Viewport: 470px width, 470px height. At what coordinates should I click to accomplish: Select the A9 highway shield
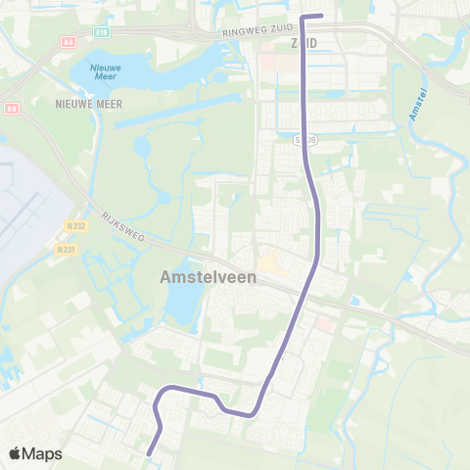(x=13, y=108)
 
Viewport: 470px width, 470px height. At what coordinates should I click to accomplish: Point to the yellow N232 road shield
(x=64, y=224)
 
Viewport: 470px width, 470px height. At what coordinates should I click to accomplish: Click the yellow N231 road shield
(x=66, y=249)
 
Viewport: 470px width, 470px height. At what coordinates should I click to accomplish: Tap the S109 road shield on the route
(x=307, y=140)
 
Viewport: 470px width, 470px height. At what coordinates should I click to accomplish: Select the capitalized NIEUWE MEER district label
(x=88, y=102)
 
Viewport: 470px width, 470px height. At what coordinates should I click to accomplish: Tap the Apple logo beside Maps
(x=16, y=453)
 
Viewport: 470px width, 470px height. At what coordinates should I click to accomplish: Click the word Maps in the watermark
(x=43, y=453)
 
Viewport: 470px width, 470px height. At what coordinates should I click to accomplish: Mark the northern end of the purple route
(x=322, y=16)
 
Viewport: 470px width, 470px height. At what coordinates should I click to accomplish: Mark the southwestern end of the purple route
(x=148, y=453)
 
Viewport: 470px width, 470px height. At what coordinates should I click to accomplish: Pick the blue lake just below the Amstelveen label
(x=182, y=308)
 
